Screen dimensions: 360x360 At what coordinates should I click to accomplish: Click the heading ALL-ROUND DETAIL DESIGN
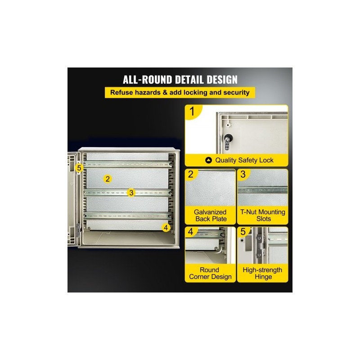pos(180,80)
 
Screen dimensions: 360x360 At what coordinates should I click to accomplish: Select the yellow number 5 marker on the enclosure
pos(79,168)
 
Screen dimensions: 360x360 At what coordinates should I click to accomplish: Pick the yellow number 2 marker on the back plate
pos(108,179)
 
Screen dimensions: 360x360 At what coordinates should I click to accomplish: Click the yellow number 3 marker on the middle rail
pos(131,193)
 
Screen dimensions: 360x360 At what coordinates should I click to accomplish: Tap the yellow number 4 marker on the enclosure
pos(166,228)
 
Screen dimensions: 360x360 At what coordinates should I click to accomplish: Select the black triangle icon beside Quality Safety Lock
pos(208,160)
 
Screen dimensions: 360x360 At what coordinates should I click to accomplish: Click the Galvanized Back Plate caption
pos(210,216)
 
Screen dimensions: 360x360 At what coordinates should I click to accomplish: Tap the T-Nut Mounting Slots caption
pos(263,216)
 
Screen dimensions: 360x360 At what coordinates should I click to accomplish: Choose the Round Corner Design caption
pos(210,273)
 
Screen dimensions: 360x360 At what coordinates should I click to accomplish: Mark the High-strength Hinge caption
pos(262,273)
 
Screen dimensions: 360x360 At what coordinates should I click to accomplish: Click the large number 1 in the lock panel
pos(192,112)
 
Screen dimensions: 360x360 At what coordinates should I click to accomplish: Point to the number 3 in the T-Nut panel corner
pos(243,174)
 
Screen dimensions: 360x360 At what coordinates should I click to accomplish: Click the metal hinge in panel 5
pos(260,245)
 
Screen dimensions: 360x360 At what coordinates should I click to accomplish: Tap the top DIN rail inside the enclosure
pos(128,164)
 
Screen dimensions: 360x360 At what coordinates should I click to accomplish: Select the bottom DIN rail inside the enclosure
pos(128,216)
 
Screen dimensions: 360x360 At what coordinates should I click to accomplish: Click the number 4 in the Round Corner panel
pos(190,232)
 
